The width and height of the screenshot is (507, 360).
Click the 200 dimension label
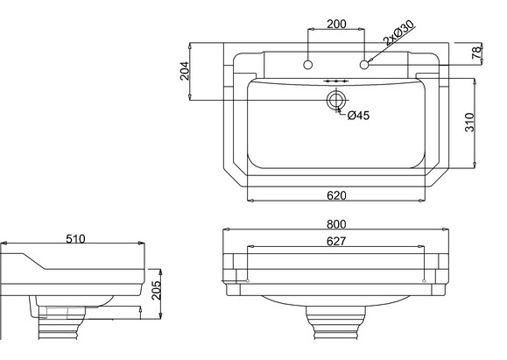(x=336, y=24)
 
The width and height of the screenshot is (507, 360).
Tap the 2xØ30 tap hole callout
(x=398, y=32)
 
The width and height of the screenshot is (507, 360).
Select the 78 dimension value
(x=476, y=53)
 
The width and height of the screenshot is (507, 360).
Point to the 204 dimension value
(x=185, y=71)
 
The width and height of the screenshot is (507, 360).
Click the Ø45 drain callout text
(x=359, y=115)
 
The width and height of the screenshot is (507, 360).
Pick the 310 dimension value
(x=469, y=122)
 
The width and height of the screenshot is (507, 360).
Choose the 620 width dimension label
(x=336, y=195)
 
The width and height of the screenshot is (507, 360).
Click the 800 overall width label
(x=336, y=224)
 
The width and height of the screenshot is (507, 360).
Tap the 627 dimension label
(x=336, y=241)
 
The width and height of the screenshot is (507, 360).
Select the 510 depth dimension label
(x=75, y=239)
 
